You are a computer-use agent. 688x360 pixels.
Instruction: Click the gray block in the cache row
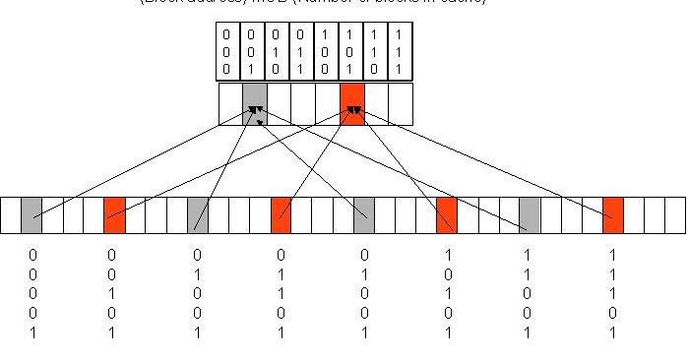click(255, 103)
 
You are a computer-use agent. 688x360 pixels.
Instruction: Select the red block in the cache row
click(352, 103)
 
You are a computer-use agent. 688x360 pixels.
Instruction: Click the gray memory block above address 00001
click(31, 214)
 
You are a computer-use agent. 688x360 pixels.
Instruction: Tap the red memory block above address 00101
click(114, 214)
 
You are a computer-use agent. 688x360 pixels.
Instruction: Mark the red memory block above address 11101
click(613, 214)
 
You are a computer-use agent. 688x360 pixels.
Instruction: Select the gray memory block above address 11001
click(530, 214)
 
